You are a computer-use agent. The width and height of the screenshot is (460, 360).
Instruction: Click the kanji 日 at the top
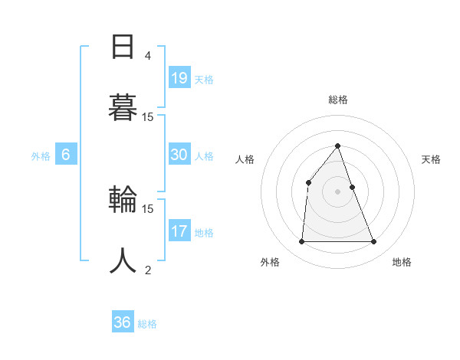123,47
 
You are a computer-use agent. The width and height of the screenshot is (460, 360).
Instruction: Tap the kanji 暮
123,108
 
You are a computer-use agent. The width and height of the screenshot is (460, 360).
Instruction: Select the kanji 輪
123,201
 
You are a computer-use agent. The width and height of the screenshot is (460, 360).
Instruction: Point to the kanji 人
123,260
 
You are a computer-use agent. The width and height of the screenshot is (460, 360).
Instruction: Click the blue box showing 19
179,78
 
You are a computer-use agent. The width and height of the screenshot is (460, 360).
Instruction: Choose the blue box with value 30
179,155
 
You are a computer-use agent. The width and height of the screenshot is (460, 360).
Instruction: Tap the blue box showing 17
179,231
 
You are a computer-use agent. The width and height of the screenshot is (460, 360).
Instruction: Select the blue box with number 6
66,155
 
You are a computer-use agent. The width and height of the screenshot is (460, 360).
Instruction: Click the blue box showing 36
123,322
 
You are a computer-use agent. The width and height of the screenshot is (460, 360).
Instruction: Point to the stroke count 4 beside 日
147,56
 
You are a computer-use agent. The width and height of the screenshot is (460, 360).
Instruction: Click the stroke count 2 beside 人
147,270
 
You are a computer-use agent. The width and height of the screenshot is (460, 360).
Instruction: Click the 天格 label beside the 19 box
204,80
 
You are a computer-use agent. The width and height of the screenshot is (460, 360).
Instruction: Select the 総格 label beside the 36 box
147,324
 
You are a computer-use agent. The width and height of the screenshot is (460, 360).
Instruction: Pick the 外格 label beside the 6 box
41,156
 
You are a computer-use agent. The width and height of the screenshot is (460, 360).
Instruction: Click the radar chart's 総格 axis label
337,100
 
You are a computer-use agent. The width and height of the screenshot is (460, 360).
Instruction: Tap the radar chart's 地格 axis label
402,262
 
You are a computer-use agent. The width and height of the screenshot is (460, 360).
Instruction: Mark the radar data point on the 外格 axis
301,242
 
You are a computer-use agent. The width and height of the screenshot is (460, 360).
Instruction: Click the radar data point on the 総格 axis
337,146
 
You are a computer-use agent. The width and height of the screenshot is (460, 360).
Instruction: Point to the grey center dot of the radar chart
337,191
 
